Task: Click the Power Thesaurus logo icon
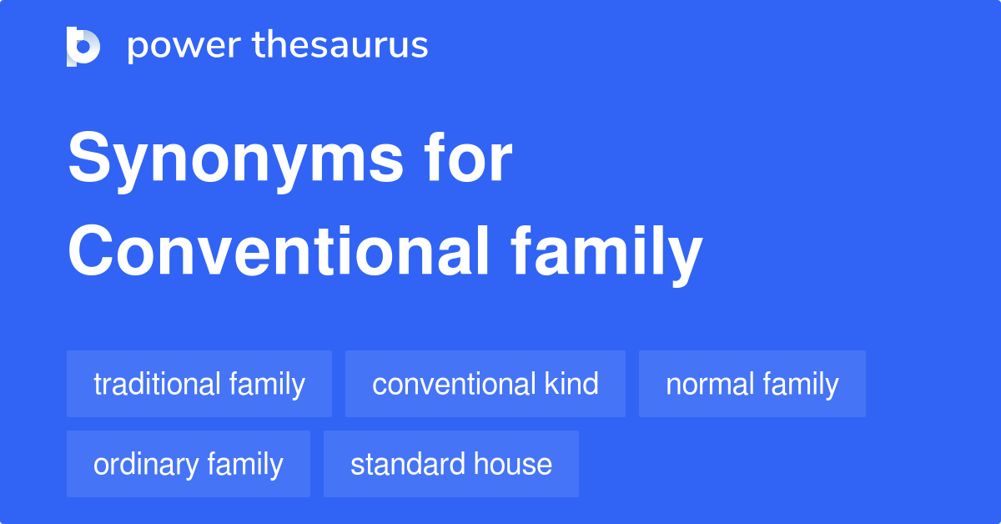pyautogui.click(x=83, y=46)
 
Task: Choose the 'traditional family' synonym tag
pyautogui.click(x=199, y=384)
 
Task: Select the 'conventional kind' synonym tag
pyautogui.click(x=485, y=384)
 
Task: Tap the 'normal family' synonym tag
pyautogui.click(x=752, y=384)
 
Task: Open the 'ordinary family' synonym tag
pyautogui.click(x=189, y=464)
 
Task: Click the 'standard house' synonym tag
pyautogui.click(x=451, y=464)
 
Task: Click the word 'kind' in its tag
pyautogui.click(x=571, y=384)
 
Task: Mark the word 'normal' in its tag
pyautogui.click(x=707, y=384)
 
